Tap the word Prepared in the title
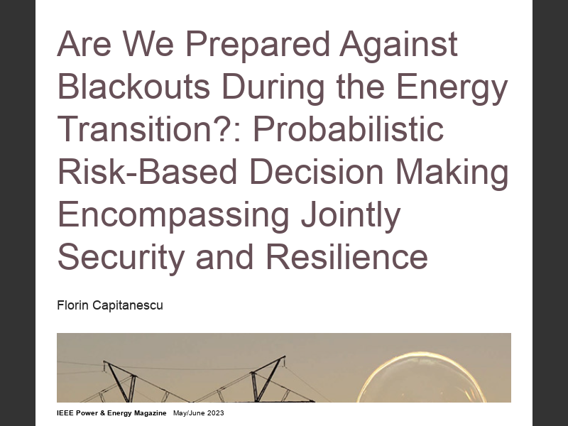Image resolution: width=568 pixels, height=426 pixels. coord(261,45)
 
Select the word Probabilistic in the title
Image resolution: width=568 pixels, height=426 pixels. coord(347,131)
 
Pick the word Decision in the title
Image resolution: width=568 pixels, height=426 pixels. coord(313,173)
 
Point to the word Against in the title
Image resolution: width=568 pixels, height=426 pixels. coord(399,45)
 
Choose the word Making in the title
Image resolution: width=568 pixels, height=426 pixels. coord(457,173)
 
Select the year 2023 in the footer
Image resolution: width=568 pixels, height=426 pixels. coord(214,413)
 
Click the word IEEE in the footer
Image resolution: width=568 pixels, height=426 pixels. coord(66,413)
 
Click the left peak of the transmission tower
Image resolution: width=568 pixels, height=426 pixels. coord(106,364)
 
